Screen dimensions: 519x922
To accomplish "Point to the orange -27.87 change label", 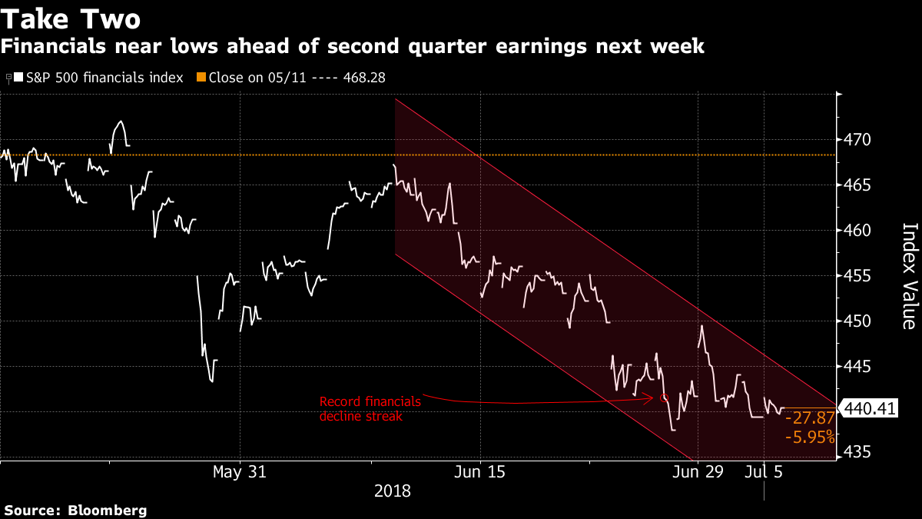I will [x=808, y=420].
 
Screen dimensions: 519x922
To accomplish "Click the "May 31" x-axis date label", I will [x=240, y=471].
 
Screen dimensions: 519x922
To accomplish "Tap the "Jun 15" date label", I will [x=480, y=471].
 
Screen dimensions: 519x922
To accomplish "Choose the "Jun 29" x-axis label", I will [x=697, y=471].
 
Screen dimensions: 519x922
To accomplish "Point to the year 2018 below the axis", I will [x=392, y=490].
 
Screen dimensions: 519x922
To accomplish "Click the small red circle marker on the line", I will [x=665, y=398].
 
